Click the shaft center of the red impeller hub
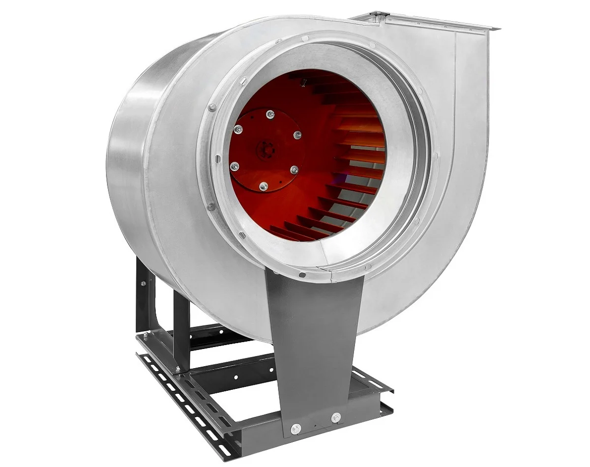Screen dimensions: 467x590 tap(266, 149)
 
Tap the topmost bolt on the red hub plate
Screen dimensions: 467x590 tap(270, 115)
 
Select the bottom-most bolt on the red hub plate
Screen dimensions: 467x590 tap(264, 186)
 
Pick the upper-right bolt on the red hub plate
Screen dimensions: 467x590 tap(297, 134)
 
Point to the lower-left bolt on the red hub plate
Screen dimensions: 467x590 tap(235, 166)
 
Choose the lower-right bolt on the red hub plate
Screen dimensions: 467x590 tap(294, 170)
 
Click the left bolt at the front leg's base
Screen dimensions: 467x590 tap(295, 429)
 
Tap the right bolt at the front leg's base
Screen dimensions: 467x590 tap(336, 418)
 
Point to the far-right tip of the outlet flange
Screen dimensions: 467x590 tap(498, 29)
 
